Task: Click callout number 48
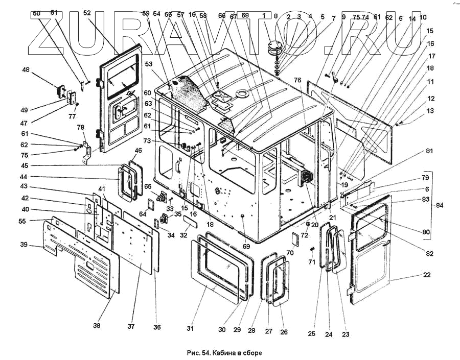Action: [26, 70]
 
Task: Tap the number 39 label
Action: [24, 245]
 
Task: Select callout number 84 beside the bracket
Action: [439, 205]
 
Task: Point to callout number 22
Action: [427, 275]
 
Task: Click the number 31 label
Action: [191, 329]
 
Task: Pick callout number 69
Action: [246, 247]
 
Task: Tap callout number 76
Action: [297, 80]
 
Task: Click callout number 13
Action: [430, 111]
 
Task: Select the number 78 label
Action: [80, 128]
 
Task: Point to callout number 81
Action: [429, 151]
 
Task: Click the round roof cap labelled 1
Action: [274, 47]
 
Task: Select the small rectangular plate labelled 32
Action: [190, 220]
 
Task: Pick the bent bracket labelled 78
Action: [86, 153]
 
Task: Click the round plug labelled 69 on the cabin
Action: [243, 217]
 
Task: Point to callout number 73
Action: [147, 141]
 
